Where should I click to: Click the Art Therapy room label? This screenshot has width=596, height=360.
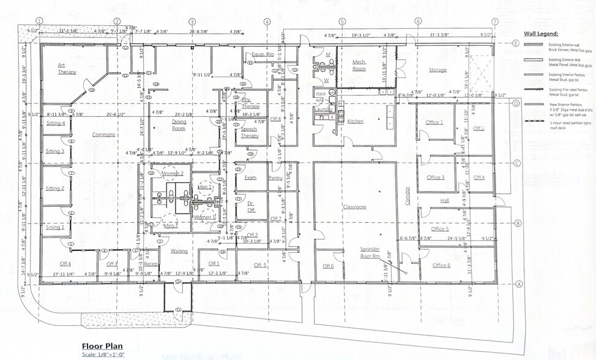67,68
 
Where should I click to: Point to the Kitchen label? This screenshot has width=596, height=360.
356,121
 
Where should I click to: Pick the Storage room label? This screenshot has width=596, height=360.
438,70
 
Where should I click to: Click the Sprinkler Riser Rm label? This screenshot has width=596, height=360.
370,253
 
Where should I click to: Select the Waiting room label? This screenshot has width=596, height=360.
179,251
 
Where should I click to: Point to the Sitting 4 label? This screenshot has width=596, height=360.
56,123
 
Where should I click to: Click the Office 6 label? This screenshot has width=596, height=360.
441,265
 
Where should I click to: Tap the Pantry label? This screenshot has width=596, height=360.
275,178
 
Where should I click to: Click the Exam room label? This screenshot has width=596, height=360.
250,178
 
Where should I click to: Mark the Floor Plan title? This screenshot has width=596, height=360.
99,345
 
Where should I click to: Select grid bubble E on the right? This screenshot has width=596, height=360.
517,43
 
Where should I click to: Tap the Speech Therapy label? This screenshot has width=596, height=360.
249,132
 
